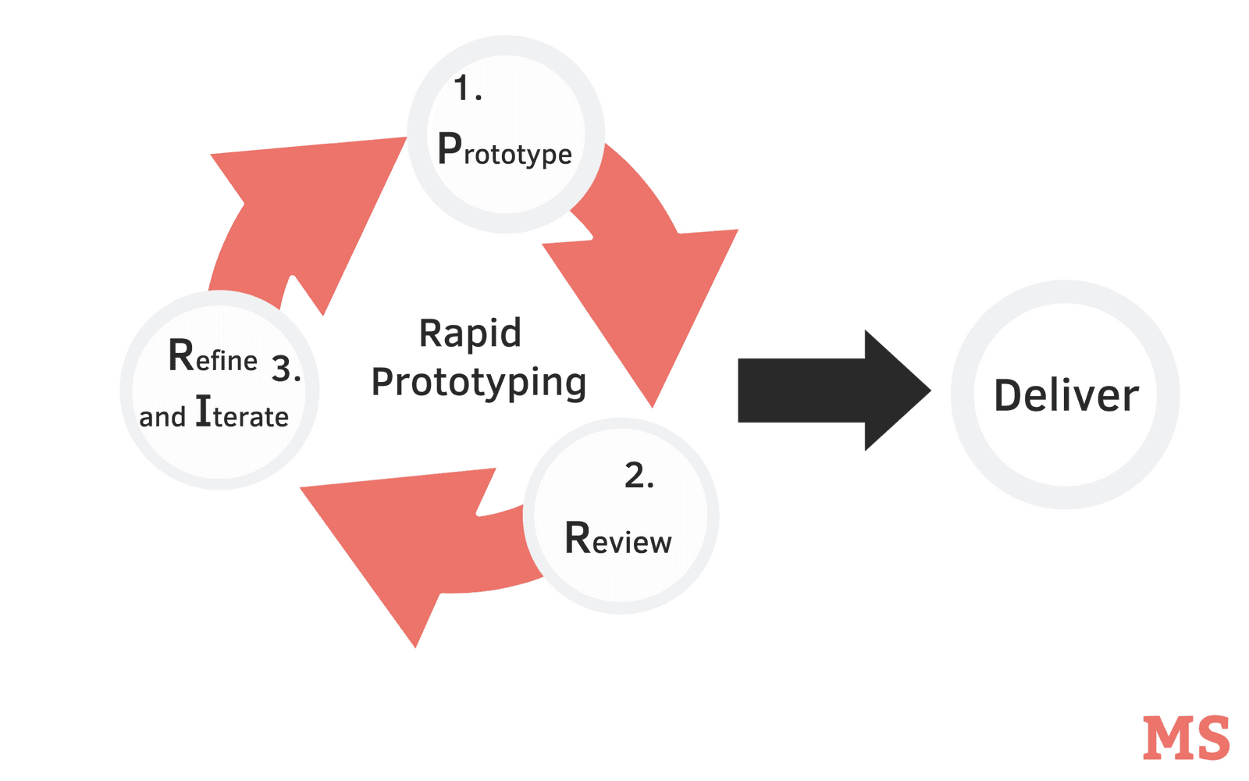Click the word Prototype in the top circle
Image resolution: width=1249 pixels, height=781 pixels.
tap(505, 150)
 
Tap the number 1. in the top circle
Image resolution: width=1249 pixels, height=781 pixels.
tap(468, 89)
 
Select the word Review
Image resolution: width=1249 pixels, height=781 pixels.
tap(617, 539)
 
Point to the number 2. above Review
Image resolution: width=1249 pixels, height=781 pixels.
tap(639, 476)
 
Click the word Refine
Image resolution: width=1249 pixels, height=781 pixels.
tap(212, 357)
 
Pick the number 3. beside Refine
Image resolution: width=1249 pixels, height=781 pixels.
tap(286, 369)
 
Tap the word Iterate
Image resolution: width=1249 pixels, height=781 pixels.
tap(242, 414)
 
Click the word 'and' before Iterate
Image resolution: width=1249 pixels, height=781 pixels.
tap(162, 417)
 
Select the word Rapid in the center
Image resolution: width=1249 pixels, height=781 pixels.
tap(470, 333)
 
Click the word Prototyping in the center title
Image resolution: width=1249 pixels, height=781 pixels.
tap(479, 383)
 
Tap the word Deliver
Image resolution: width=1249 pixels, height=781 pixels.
tap(1066, 396)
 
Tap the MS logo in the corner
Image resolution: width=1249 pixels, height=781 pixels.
tap(1186, 737)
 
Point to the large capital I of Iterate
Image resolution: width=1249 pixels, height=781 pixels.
tap(203, 411)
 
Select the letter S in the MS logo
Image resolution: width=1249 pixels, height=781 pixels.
tap(1212, 738)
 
